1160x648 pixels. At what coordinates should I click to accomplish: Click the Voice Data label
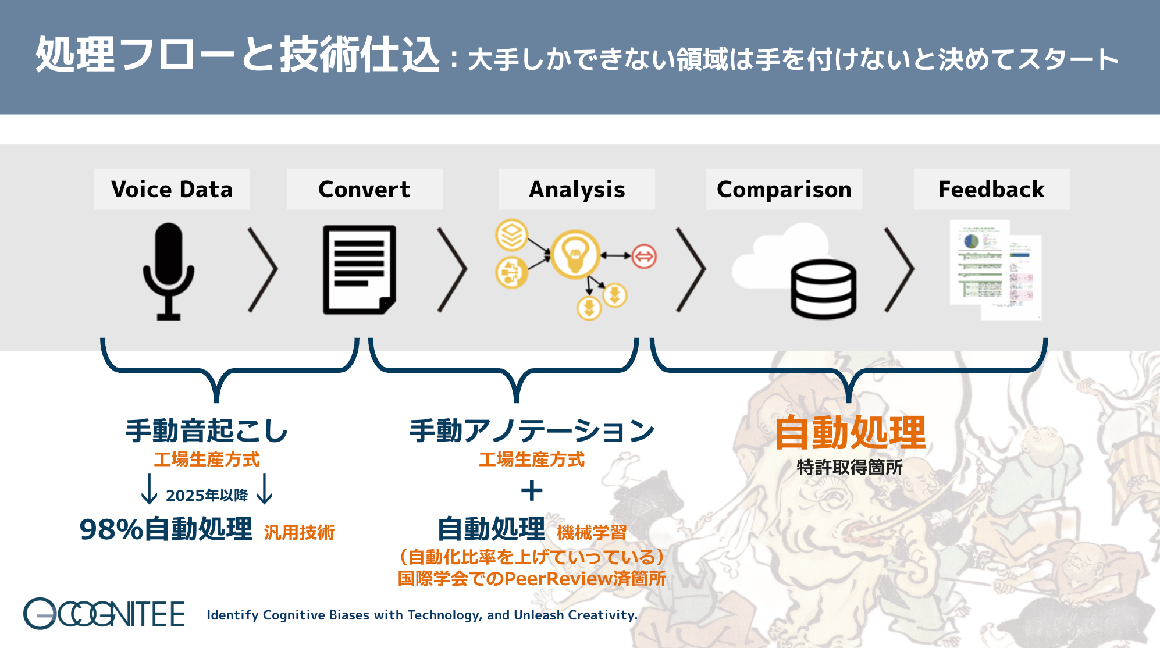172,190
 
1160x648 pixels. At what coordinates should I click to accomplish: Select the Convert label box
364,190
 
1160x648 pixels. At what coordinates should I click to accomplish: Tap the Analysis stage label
577,190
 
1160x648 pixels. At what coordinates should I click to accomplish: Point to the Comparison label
784,190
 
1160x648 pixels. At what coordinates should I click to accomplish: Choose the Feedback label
991,190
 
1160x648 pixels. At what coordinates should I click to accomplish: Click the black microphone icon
169,270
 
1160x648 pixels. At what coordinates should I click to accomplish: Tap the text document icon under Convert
359,269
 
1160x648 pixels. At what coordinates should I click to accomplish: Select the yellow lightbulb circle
575,254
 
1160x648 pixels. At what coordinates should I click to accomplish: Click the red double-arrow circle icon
644,256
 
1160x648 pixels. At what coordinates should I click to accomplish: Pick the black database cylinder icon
823,289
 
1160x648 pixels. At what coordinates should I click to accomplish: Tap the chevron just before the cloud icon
691,269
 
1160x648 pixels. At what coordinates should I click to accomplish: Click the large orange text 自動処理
850,433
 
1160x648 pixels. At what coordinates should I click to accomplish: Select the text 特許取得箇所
849,467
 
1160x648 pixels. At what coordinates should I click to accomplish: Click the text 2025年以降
207,495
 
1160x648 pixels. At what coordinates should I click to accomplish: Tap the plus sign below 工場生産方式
532,490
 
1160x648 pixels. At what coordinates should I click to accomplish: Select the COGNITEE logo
104,614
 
